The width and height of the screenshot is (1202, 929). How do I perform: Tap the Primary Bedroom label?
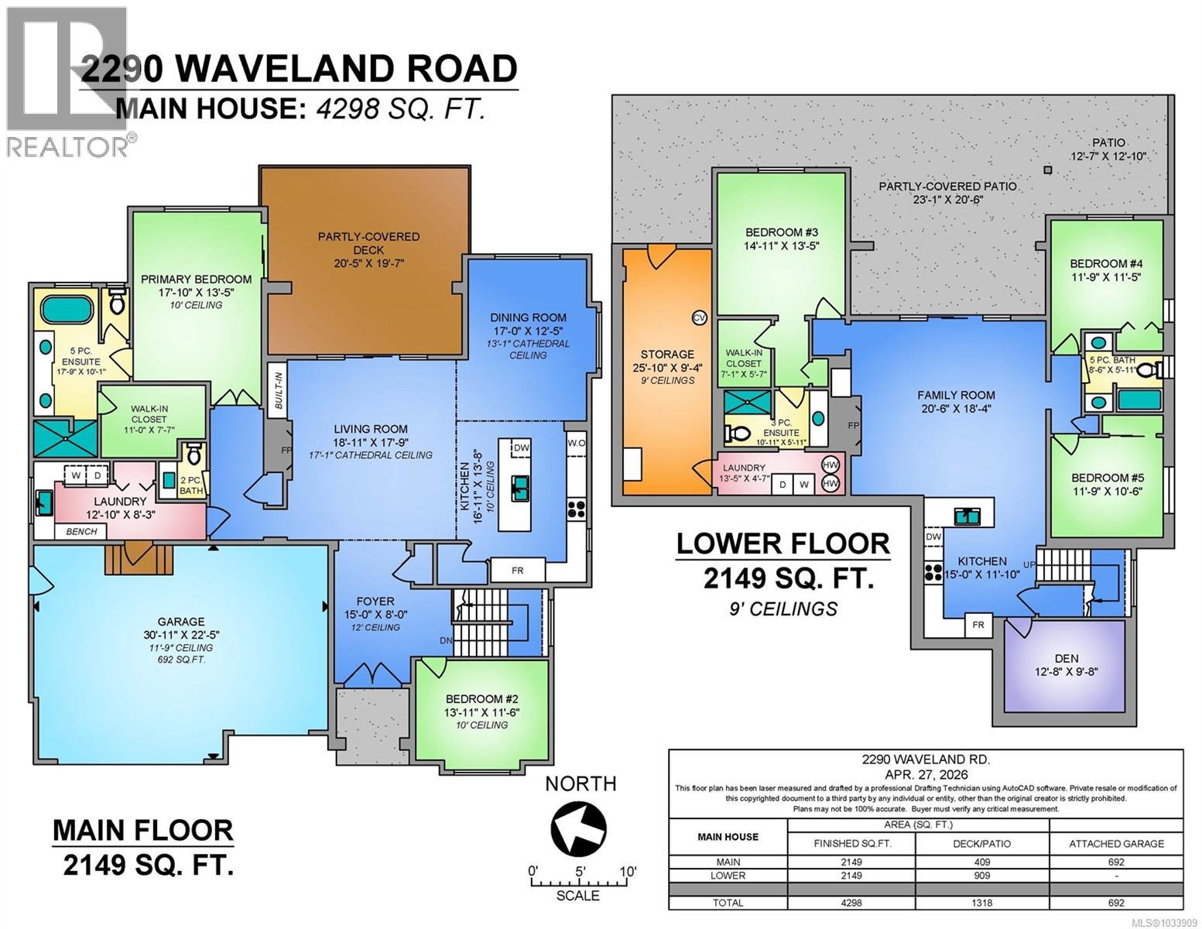click(196, 279)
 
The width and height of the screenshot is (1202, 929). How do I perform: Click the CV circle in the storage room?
click(699, 317)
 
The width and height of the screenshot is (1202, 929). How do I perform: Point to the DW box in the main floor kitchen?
click(521, 447)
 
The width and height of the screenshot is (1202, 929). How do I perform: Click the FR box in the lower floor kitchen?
click(978, 624)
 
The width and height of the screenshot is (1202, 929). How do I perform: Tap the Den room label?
click(1064, 658)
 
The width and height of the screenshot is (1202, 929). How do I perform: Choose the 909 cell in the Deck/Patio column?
click(981, 876)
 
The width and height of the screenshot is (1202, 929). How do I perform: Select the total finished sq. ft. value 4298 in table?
click(850, 903)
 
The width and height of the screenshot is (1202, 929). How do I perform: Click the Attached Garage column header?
click(1115, 844)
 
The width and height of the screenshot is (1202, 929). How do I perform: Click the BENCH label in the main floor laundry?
click(81, 532)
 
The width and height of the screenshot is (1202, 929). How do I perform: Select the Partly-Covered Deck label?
click(368, 237)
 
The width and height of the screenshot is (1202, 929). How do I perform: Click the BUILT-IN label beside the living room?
click(278, 398)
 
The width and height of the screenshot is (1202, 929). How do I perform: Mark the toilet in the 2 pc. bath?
click(193, 452)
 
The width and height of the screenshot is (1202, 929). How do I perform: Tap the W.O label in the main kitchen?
click(576, 444)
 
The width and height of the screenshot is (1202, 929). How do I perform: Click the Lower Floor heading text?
click(782, 543)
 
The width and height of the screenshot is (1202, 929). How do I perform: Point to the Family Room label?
click(956, 395)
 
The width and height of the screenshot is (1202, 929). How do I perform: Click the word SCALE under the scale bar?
click(577, 896)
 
